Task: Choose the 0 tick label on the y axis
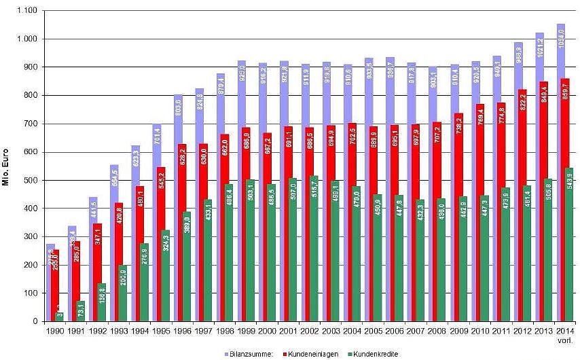click(x=33, y=321)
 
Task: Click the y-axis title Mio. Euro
click(x=7, y=166)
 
